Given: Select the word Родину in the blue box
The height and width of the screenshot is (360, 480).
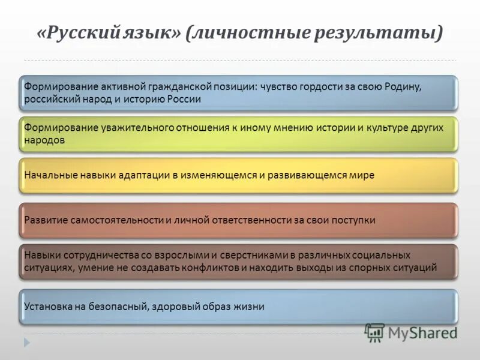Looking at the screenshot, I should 403,86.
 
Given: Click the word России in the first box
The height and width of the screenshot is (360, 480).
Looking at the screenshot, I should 184,99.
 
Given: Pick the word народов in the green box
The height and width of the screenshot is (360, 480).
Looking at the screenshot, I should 44,140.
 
